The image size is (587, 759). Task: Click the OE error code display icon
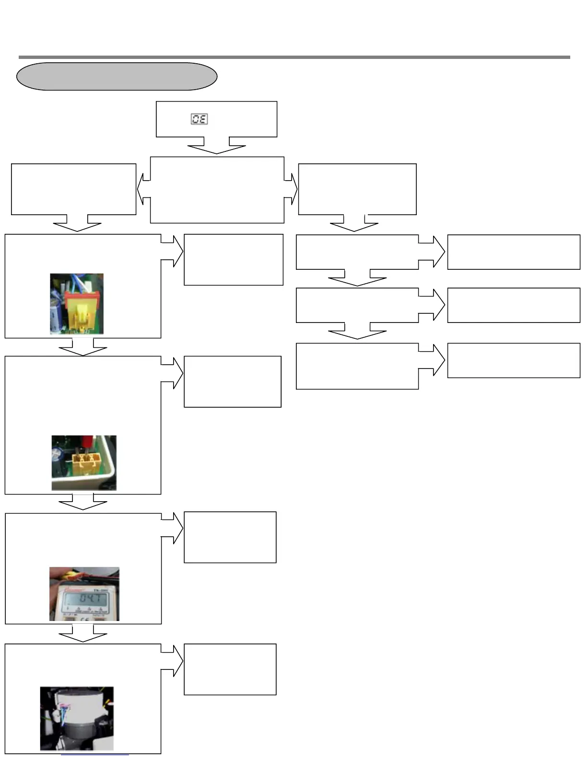click(x=199, y=119)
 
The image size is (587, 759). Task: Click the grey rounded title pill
click(x=117, y=76)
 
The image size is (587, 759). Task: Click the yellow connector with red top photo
click(x=77, y=304)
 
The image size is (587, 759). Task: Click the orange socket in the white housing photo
click(x=85, y=461)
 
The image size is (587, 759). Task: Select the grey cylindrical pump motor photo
click(x=77, y=719)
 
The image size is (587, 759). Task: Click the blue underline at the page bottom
click(x=94, y=756)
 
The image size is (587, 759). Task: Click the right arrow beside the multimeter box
click(x=173, y=528)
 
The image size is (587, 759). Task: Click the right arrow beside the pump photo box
click(x=173, y=660)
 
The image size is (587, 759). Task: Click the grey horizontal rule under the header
click(x=294, y=57)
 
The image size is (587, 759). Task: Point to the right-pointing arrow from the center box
click(x=291, y=190)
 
